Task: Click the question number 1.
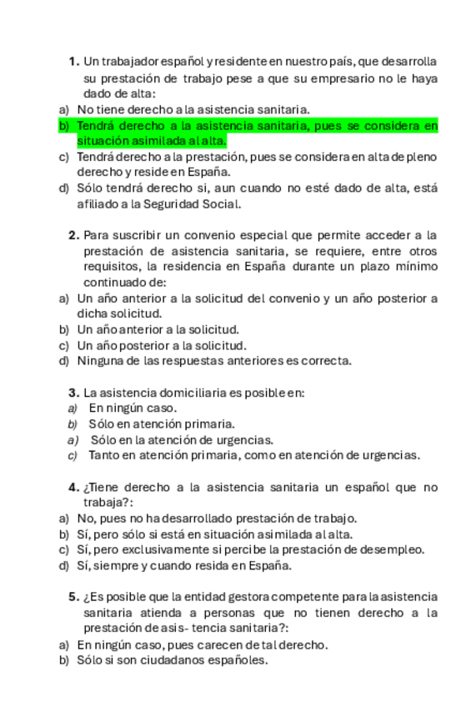click(73, 62)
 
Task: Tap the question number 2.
click(73, 235)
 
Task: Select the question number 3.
click(73, 393)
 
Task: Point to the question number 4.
click(73, 487)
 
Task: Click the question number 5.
click(73, 597)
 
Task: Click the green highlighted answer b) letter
click(63, 126)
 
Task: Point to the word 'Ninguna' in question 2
click(100, 361)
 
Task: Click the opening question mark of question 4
click(87, 487)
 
